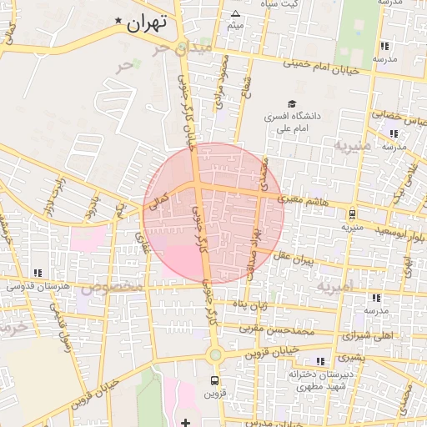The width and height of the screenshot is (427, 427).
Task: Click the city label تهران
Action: point(147,23)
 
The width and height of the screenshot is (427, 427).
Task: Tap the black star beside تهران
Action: point(118,21)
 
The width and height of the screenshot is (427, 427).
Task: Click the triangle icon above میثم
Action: point(235,13)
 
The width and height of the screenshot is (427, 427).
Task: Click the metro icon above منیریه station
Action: point(353,213)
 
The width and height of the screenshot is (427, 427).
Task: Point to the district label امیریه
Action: point(336,287)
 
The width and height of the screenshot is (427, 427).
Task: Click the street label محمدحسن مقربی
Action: point(274,329)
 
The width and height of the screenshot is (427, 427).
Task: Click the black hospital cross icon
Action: point(185,422)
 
